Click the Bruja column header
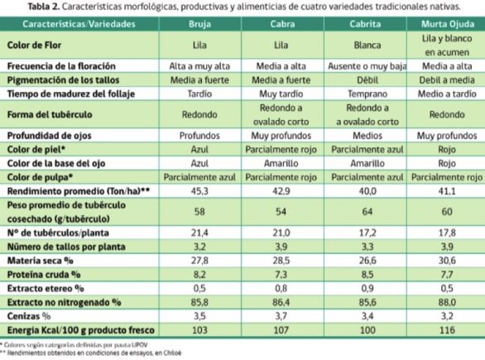(199, 24)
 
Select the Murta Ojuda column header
(448, 24)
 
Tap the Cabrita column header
(365, 24)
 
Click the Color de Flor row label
(34, 46)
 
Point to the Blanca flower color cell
(367, 46)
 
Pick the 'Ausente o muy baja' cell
(367, 66)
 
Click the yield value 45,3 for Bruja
(199, 191)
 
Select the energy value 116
(447, 330)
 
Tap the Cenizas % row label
(29, 316)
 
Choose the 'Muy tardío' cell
(281, 94)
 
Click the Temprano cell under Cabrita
(367, 94)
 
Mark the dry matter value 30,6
(447, 261)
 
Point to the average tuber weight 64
(367, 212)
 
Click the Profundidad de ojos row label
(49, 136)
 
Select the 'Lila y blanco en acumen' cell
(447, 46)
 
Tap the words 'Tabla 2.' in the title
(43, 7)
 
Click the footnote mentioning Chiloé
(91, 353)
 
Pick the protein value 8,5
(367, 274)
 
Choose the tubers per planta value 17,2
(367, 233)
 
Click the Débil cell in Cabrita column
(367, 80)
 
